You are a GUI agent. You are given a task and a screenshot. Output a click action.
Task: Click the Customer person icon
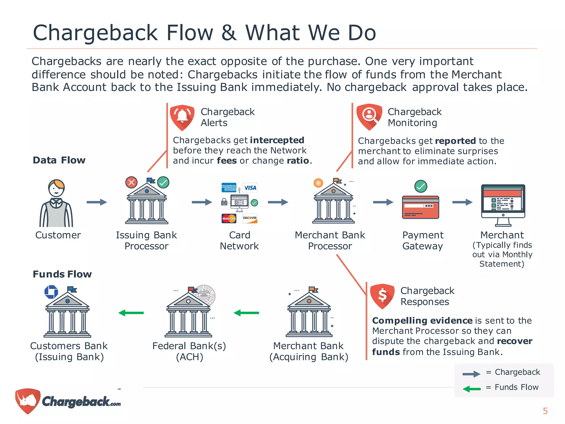point(56,203)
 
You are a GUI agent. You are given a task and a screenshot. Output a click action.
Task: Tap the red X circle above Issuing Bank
point(131,182)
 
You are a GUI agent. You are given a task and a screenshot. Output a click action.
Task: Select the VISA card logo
point(250,188)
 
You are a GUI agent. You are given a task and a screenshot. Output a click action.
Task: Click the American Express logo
point(229,187)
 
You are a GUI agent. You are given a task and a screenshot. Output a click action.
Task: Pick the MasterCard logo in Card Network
point(229,218)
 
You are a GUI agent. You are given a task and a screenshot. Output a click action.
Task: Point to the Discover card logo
point(250,218)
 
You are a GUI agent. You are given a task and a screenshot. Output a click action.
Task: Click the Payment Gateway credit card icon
point(420,207)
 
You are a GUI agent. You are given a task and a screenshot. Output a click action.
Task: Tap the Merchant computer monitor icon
point(503,205)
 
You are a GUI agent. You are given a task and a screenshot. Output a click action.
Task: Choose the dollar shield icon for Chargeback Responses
point(382,296)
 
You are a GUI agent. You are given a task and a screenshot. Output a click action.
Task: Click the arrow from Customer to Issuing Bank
point(97,202)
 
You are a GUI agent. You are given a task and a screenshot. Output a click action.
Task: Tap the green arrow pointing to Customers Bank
point(131,313)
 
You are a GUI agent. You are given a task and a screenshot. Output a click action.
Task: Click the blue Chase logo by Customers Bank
point(51,292)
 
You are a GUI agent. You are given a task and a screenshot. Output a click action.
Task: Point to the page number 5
point(545,411)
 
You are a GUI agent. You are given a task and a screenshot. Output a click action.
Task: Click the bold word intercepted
point(277,140)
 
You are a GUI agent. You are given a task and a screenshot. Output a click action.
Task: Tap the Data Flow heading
point(59,160)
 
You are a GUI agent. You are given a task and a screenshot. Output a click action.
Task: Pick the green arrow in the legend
point(471,389)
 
